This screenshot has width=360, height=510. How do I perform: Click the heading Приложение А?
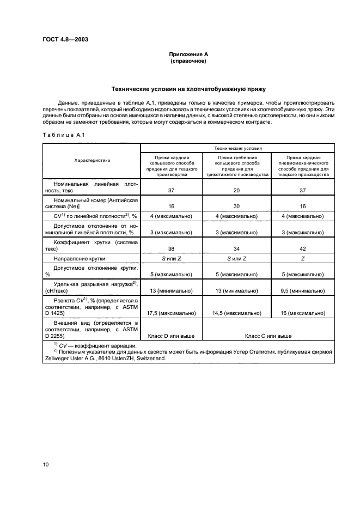tap(187, 54)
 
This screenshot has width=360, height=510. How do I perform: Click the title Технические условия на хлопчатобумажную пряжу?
tap(188, 88)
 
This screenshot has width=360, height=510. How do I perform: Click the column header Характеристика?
tap(92, 161)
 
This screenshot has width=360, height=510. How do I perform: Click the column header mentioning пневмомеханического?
tap(303, 165)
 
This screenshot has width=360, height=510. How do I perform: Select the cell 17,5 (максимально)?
tap(172, 313)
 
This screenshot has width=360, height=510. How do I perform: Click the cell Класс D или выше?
tap(172, 336)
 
